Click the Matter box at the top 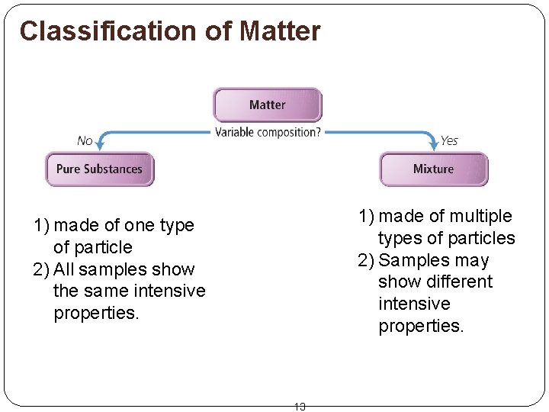tap(267, 105)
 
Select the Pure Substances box tap(99, 169)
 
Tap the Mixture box tap(433, 169)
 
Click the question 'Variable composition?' tap(268, 132)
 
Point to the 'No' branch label tap(85, 140)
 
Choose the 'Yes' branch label tap(449, 140)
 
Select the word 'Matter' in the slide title tap(280, 31)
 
